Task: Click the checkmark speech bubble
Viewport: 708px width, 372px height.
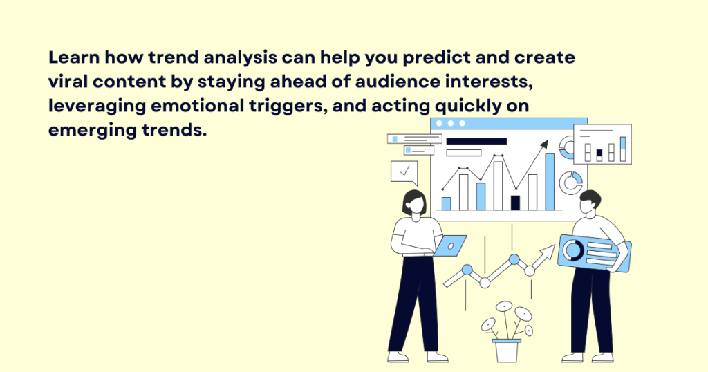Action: pyautogui.click(x=404, y=171)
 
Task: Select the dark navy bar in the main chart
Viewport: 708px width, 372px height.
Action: pyautogui.click(x=515, y=202)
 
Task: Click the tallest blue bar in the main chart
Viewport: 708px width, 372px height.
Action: pyautogui.click(x=550, y=181)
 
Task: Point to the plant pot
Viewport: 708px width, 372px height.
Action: pyautogui.click(x=506, y=350)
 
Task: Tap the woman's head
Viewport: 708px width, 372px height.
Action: pyautogui.click(x=414, y=203)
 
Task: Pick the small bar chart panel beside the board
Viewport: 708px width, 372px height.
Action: pyautogui.click(x=602, y=145)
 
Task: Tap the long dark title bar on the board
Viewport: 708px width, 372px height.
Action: pyautogui.click(x=476, y=141)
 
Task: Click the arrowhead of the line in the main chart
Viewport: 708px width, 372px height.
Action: pyautogui.click(x=544, y=145)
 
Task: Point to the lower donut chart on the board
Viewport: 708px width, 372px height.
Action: pyautogui.click(x=572, y=183)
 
